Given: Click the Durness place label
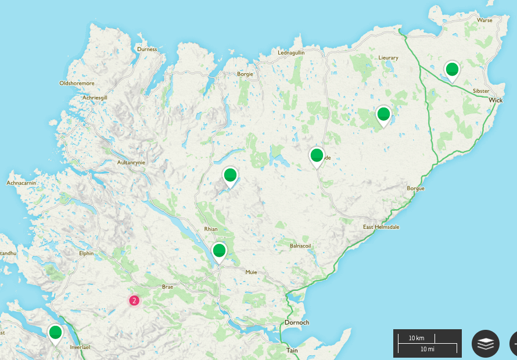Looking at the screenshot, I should click(x=147, y=49).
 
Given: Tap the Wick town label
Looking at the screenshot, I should click(x=495, y=100).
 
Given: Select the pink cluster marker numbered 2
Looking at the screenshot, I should click(x=134, y=300).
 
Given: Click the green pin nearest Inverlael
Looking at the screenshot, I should click(x=55, y=333).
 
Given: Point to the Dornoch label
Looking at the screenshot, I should click(x=296, y=322).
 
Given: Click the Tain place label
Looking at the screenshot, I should click(x=292, y=350).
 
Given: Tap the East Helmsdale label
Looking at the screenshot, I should click(x=380, y=226).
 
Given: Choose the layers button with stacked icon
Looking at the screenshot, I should click(x=485, y=343).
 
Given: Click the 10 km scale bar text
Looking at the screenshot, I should click(x=416, y=338).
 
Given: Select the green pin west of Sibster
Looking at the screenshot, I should click(x=451, y=70).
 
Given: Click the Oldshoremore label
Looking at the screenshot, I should click(x=77, y=84).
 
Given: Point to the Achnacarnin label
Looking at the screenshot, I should click(x=21, y=182).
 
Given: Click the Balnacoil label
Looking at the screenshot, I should click(x=300, y=246).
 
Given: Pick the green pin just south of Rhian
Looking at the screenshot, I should click(x=219, y=251).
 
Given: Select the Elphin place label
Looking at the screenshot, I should click(x=86, y=253).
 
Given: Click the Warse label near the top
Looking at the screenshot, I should click(x=484, y=20).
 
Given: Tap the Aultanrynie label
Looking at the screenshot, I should click(x=131, y=163).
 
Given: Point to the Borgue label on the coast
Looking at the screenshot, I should click(x=415, y=189).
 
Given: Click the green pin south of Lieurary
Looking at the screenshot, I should click(x=383, y=114).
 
